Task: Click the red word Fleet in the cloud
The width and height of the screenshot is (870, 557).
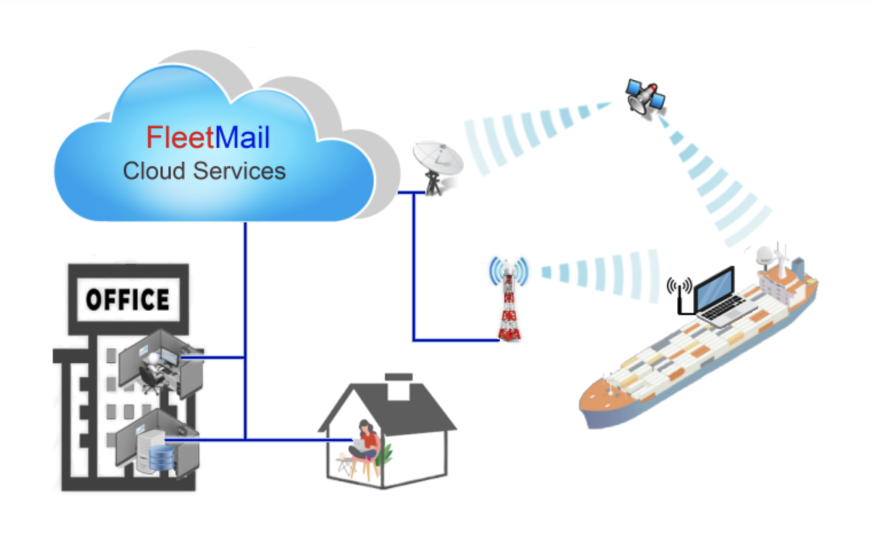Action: click(x=179, y=138)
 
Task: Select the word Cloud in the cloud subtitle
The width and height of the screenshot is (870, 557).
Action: click(x=154, y=171)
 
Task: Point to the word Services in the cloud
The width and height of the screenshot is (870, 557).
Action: click(x=239, y=171)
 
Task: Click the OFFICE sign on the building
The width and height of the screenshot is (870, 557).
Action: click(x=128, y=299)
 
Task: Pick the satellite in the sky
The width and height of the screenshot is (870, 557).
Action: click(x=645, y=97)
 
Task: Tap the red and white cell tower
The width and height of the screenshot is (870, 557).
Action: click(x=509, y=304)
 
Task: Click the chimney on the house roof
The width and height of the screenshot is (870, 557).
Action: click(x=399, y=386)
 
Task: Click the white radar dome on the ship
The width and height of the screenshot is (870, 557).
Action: click(x=764, y=255)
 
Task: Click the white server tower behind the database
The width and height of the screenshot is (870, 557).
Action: click(x=148, y=447)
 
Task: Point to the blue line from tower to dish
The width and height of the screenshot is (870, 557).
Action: click(x=414, y=269)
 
